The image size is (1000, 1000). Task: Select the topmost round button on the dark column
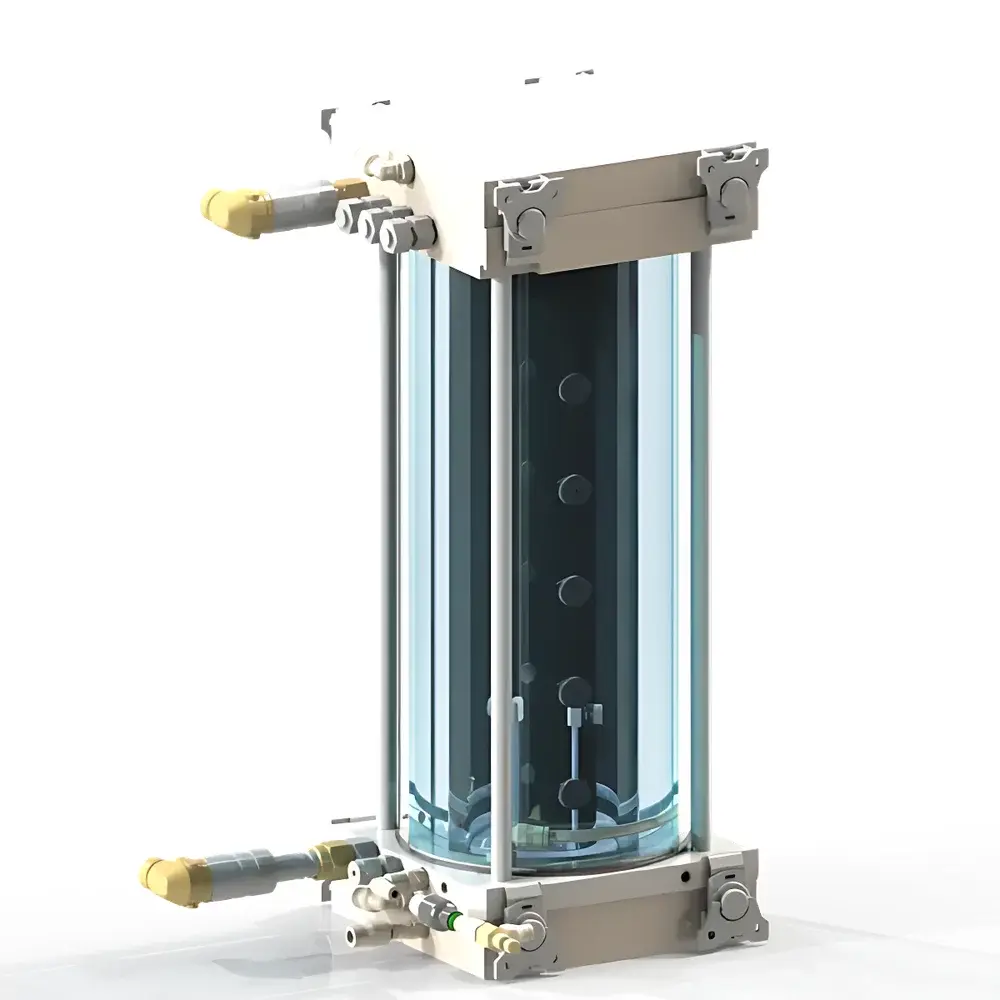pos(574,388)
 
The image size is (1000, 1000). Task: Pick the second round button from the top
pos(574,489)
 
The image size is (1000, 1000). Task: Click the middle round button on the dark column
pos(574,591)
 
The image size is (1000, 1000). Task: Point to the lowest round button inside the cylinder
pos(574,794)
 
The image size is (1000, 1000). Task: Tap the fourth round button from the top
pos(574,690)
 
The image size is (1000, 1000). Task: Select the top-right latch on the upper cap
pos(736,181)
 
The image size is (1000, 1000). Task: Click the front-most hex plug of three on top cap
pos(399,234)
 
